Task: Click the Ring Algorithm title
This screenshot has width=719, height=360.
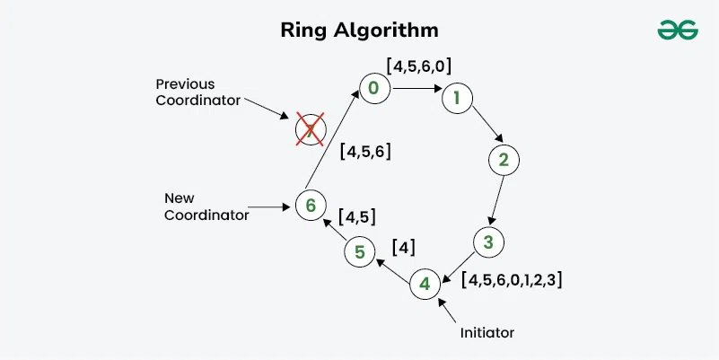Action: [x=360, y=30]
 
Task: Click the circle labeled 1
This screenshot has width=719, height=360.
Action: [x=457, y=98]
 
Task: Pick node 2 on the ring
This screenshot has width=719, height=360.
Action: [x=504, y=161]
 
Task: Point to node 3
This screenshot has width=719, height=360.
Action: [x=488, y=241]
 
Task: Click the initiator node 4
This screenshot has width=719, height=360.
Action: [x=425, y=285]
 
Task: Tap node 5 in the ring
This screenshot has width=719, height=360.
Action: [x=359, y=252]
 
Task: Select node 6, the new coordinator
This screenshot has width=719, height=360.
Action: [x=310, y=206]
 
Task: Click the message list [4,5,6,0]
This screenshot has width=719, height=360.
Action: [x=417, y=66]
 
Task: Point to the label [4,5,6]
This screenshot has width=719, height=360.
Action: [x=365, y=152]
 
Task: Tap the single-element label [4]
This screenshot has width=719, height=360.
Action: [x=404, y=247]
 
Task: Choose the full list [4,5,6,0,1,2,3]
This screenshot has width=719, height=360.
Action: [x=512, y=279]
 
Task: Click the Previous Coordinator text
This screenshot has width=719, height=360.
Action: [x=197, y=92]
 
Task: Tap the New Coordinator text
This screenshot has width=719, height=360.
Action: [x=206, y=206]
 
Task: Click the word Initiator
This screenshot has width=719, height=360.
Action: [x=486, y=332]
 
